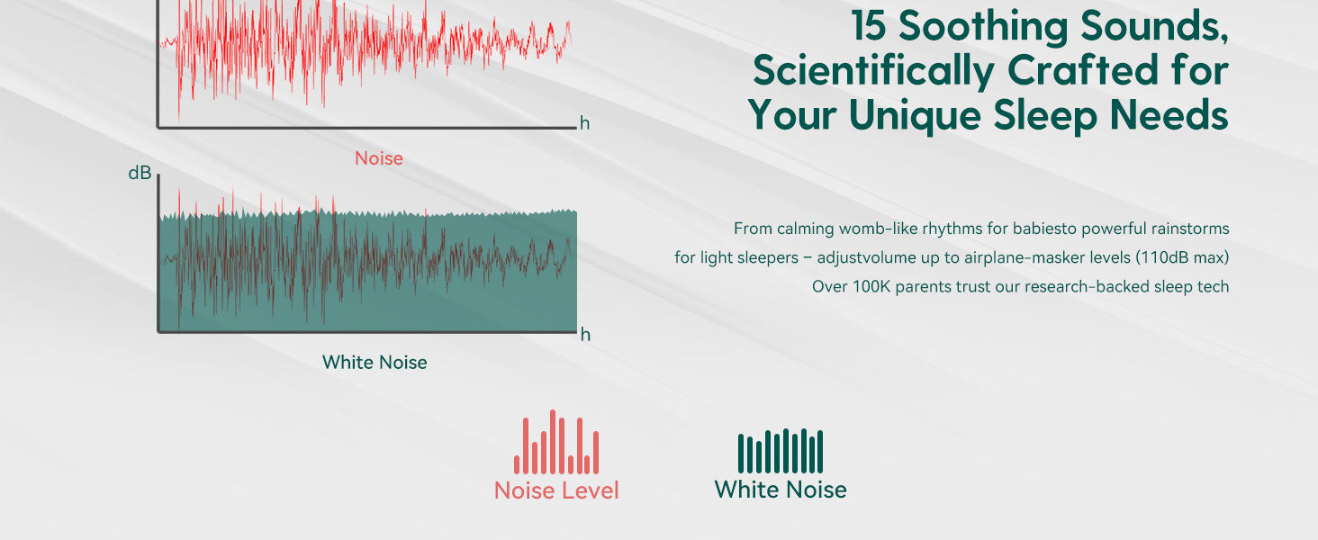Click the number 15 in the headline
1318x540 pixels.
[x=869, y=27]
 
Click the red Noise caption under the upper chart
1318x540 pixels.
[x=378, y=158]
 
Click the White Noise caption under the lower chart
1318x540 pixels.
[x=375, y=363]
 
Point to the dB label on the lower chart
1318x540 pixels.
[x=140, y=173]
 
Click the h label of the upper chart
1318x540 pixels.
[x=584, y=123]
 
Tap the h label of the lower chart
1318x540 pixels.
[x=585, y=335]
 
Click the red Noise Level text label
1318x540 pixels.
[x=556, y=490]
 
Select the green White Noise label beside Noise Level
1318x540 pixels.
[x=781, y=490]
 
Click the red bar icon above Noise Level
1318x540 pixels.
[x=556, y=442]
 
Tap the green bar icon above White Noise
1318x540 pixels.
[x=781, y=451]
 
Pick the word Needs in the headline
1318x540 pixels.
[x=1169, y=114]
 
